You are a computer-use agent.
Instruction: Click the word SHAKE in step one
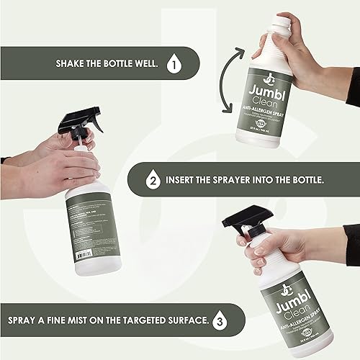(x=73, y=63)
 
